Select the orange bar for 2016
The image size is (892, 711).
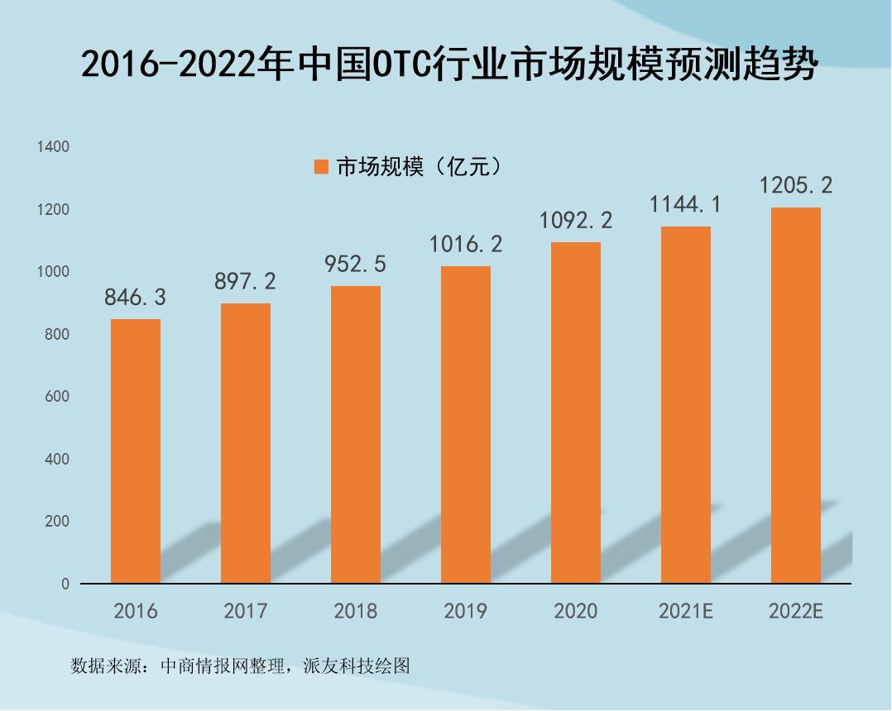[136, 451]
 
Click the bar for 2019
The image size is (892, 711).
[466, 424]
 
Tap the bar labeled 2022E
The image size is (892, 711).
[796, 395]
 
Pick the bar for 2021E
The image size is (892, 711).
[686, 405]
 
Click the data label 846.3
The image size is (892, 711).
[136, 298]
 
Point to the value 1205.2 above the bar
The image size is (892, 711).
[796, 185]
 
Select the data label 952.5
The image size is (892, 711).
[356, 264]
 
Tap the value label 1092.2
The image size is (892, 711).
[576, 221]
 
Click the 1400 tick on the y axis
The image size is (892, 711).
[53, 147]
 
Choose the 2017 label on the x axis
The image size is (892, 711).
[246, 612]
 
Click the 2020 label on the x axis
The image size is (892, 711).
[576, 612]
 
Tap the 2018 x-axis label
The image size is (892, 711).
[356, 612]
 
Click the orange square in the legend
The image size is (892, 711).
[322, 167]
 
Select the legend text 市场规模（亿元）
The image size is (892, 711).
[419, 167]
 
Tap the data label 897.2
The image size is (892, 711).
[246, 282]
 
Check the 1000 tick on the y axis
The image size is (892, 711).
[53, 272]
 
